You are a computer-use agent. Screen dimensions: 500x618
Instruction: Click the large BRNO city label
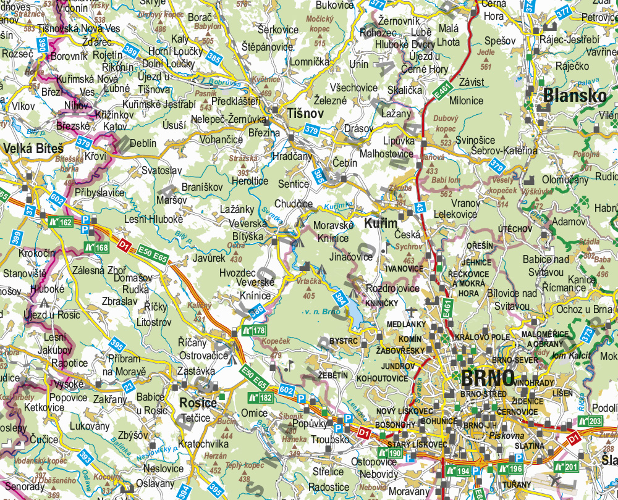click(x=487, y=377)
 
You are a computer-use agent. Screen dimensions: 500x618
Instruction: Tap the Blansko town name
click(x=574, y=96)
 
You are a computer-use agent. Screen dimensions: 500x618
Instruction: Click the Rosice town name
click(x=198, y=403)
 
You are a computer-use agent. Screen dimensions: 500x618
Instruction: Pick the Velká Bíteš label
click(x=33, y=149)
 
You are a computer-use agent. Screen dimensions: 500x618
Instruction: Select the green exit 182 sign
click(x=260, y=398)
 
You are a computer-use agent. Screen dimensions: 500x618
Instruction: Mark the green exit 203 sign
click(x=590, y=421)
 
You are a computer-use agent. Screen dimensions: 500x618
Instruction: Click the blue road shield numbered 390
click(x=42, y=45)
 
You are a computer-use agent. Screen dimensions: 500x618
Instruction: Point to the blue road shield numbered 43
click(x=420, y=209)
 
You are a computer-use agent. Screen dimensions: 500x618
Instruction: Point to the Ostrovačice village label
click(x=203, y=356)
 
